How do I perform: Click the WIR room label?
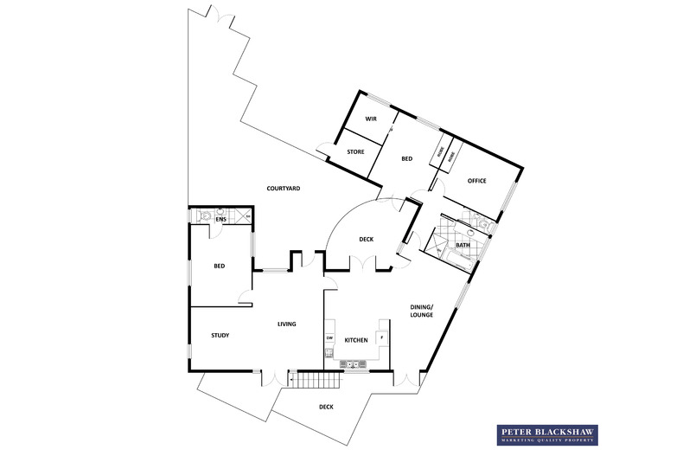370,119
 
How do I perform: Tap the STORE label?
355,152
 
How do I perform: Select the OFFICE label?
476,181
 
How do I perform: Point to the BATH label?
463,245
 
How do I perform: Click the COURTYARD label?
283,188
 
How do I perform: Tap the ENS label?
220,220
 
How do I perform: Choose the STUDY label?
220,335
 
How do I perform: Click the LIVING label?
286,324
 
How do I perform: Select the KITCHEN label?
356,340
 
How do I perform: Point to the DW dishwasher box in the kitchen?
329,337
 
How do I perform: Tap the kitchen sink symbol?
354,364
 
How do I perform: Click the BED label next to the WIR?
406,159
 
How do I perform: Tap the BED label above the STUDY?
220,266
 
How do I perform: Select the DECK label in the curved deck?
366,240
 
